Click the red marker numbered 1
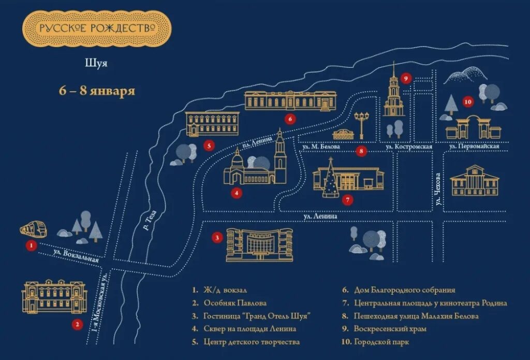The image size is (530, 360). [32, 246]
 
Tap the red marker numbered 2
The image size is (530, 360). [77, 325]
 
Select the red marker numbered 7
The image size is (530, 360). [348, 199]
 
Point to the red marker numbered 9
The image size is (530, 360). [406, 79]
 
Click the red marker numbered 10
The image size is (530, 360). [468, 102]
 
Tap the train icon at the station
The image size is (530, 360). [33, 229]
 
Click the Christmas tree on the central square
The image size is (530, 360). [330, 179]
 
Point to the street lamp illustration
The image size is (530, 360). [361, 124]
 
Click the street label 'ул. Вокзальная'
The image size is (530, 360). [76, 255]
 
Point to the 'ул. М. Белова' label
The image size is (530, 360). [320, 147]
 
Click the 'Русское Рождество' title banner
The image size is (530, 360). [96, 28]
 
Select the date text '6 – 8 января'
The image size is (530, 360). [97, 91]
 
